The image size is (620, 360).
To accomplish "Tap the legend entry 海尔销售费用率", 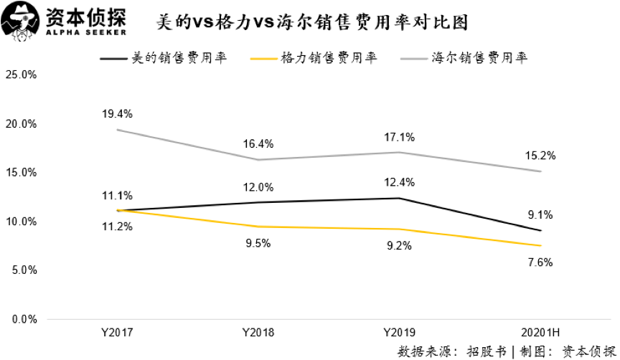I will pyautogui.click(x=479, y=58).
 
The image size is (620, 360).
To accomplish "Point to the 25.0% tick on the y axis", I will pyautogui.click(x=21, y=75).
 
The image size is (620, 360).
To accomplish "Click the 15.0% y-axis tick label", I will pyautogui.click(x=21, y=173).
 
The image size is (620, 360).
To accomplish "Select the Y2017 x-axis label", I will pyautogui.click(x=117, y=333).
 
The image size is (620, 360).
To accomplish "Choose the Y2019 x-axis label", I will pyautogui.click(x=398, y=333).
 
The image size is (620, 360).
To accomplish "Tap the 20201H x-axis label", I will pyautogui.click(x=540, y=333).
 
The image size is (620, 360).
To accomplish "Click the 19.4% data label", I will pyautogui.click(x=117, y=113).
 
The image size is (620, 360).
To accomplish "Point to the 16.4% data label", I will pyautogui.click(x=258, y=143).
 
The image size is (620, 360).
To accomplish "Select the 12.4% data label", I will pyautogui.click(x=398, y=181).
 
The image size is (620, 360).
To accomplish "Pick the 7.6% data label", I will pyautogui.click(x=540, y=262).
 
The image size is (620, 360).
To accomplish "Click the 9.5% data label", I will pyautogui.click(x=258, y=243).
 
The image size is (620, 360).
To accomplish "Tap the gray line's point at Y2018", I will pyautogui.click(x=258, y=160).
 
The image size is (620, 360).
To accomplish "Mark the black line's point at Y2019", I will pyautogui.click(x=398, y=198).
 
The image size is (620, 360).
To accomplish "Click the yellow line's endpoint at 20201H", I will pyautogui.click(x=540, y=245).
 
